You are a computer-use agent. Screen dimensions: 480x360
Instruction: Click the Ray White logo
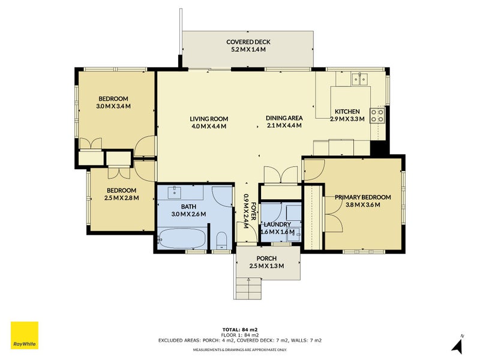pos(25,335)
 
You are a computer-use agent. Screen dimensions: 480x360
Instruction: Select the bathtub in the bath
pos(182,239)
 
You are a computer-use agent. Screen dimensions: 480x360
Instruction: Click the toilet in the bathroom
pos(221,241)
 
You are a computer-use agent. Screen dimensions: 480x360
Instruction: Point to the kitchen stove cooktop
pos(377,115)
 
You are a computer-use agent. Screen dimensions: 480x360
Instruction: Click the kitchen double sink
pos(359,79)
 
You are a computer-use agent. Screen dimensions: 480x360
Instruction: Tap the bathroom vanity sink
pos(175,193)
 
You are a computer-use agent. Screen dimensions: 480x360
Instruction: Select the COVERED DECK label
pos(248,42)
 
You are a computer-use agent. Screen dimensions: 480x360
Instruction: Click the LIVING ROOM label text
pos(209,119)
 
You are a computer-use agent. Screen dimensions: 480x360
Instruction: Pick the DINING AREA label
pos(284,118)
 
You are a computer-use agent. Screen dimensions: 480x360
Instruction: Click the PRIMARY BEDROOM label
pos(363,197)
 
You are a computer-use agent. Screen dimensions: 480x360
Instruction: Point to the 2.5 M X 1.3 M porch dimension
pos(266,266)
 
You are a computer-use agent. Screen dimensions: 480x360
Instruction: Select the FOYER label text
pos(253,211)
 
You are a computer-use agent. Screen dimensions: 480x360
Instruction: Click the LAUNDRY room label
pos(277,224)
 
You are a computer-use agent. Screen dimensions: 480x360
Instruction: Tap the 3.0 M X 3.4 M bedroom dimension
pos(113,106)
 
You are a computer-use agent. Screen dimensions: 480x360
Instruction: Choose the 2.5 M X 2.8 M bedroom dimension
pos(122,198)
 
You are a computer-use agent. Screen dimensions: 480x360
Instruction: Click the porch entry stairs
pos(248,289)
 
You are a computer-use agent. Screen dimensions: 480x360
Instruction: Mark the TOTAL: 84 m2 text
pos(239,329)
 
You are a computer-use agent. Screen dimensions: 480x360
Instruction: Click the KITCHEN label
pos(347,112)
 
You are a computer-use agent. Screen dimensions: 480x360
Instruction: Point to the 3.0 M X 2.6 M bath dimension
pos(188,214)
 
